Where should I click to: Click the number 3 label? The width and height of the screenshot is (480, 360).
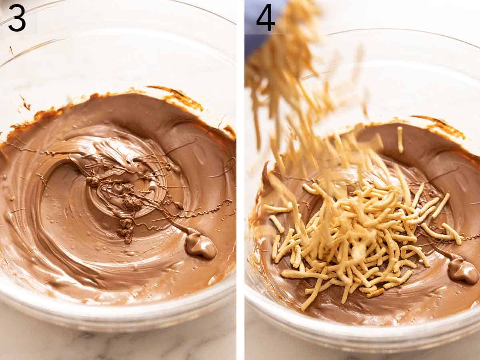tap(17, 18)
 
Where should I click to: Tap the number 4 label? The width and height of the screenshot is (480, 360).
tap(265, 18)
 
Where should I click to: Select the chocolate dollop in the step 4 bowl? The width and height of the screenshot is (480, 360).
tap(463, 271)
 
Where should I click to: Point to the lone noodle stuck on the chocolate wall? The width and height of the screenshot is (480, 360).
tap(400, 140)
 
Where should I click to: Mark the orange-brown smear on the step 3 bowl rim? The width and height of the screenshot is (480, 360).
tap(180, 98)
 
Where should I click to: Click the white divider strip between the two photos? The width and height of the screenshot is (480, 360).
tap(240, 180)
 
